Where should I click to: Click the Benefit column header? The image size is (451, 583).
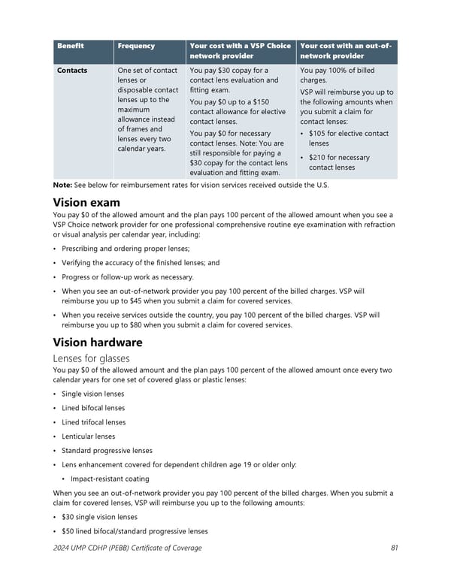point(70,46)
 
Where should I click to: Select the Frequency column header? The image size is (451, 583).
point(136,46)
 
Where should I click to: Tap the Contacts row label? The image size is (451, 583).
point(72,71)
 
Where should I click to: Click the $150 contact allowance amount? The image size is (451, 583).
point(261,101)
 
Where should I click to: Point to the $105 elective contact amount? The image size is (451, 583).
point(319,134)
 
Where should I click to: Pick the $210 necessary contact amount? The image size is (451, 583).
point(319,158)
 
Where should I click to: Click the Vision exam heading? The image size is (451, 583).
point(86,203)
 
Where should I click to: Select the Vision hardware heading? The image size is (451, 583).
point(98,342)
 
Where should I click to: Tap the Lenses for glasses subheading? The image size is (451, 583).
point(91,358)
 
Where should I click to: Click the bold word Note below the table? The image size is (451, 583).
point(62,186)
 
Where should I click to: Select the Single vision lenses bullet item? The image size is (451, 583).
point(93,394)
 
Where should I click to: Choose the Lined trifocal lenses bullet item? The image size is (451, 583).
point(94,422)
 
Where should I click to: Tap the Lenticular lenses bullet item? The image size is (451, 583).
point(89,436)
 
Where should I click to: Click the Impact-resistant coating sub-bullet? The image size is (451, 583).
point(110,479)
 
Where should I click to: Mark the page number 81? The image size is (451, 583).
point(394,548)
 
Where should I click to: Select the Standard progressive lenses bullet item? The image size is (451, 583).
point(107,451)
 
